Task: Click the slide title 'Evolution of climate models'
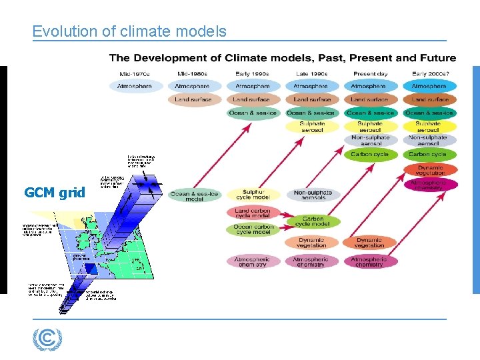[129, 31]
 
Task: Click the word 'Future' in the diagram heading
[433, 58]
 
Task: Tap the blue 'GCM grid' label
[55, 193]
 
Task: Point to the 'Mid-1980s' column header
[193, 73]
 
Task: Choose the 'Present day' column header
[369, 73]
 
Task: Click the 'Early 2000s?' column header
[429, 73]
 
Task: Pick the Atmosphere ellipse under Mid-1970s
[135, 86]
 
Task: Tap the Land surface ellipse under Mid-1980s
[193, 99]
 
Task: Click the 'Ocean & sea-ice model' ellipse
[194, 195]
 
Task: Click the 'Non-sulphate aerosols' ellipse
[312, 195]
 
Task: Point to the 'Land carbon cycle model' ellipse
[253, 213]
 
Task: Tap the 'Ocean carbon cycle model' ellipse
[253, 229]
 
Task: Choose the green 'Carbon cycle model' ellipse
[312, 221]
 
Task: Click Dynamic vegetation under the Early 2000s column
[429, 169]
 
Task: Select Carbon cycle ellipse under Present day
[370, 155]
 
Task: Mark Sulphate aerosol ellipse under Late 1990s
[312, 126]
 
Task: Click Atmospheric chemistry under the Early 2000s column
[429, 184]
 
